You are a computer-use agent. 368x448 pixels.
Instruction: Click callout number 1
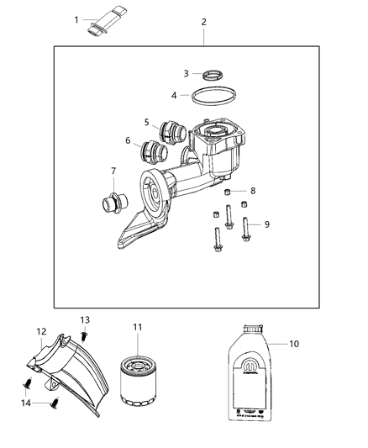pyautogui.click(x=76, y=19)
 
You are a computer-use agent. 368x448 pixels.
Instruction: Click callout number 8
pyautogui.click(x=253, y=191)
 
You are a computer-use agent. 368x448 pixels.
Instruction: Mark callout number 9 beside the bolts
pyautogui.click(x=267, y=224)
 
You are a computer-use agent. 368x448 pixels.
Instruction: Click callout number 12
pyautogui.click(x=41, y=331)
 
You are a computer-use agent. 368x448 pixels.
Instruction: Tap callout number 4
pyautogui.click(x=174, y=95)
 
